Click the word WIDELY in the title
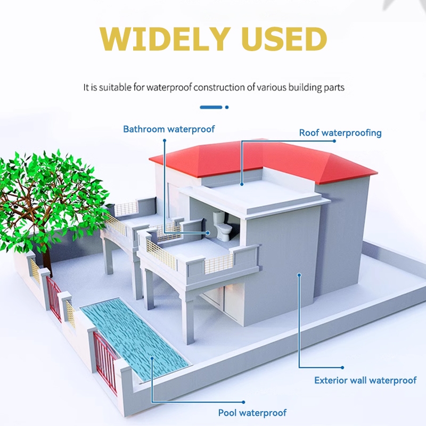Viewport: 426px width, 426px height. (159, 39)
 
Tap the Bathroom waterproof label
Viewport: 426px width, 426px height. (169, 129)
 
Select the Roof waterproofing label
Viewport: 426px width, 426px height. (340, 133)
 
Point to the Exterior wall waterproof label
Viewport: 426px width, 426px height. (365, 380)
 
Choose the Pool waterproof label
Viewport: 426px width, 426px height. (252, 413)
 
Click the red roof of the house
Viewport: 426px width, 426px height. (266, 157)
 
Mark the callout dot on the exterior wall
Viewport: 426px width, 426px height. (299, 275)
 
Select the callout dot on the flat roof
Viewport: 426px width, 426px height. (242, 184)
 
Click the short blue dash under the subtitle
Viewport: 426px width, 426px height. (210, 107)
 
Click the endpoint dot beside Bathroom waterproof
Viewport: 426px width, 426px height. (165, 141)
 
